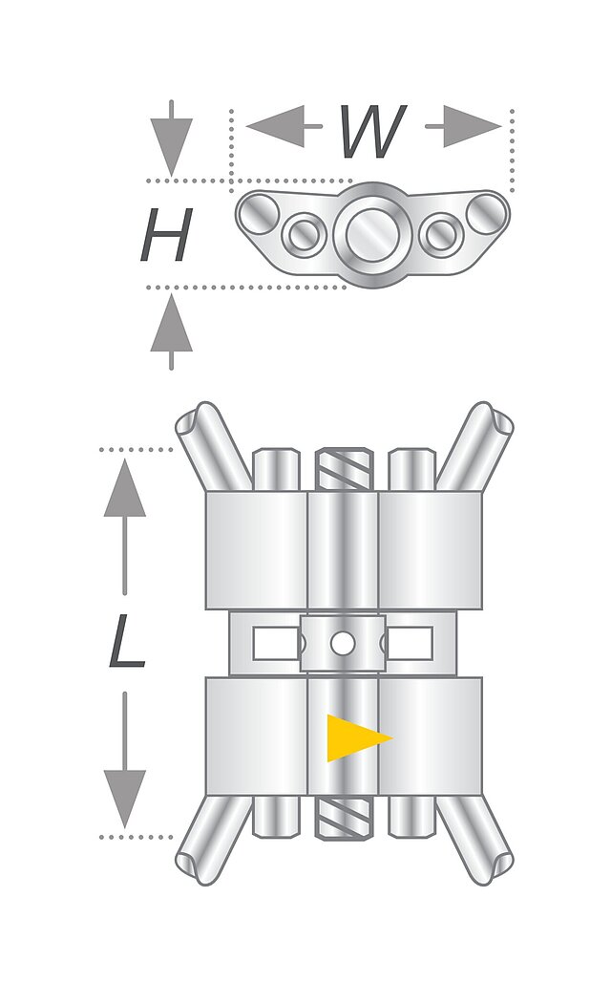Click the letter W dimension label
[x=372, y=132]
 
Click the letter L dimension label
[x=127, y=640]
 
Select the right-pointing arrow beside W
[x=464, y=126]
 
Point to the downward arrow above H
[x=171, y=139]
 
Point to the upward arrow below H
[x=171, y=331]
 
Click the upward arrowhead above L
[x=124, y=488]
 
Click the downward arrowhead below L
[x=124, y=800]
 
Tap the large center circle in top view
[x=372, y=234]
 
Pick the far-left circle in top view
[x=258, y=213]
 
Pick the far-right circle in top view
[x=487, y=213]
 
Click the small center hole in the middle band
[x=343, y=643]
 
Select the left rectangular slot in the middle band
[x=276, y=643]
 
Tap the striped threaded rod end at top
[x=344, y=470]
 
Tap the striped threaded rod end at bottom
[x=344, y=818]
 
